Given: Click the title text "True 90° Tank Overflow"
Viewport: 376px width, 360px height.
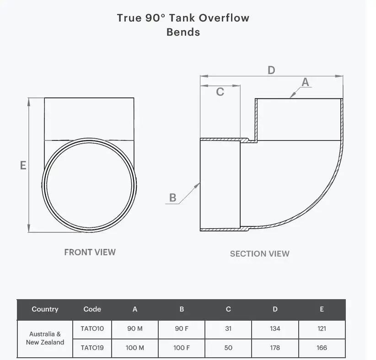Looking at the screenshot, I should click(x=183, y=18).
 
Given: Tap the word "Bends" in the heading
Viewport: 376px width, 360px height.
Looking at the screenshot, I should click(x=183, y=32).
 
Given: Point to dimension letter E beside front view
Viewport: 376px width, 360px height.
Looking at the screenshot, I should click(x=23, y=166).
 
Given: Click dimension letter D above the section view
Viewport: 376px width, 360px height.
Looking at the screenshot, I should click(x=271, y=70).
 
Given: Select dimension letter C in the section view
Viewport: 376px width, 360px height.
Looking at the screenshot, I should click(x=220, y=92).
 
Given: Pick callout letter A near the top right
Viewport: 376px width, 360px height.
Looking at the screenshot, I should click(x=306, y=82).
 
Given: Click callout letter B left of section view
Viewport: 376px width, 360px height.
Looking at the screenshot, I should click(x=172, y=198).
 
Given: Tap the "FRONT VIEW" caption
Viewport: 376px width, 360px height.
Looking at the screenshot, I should click(x=90, y=252).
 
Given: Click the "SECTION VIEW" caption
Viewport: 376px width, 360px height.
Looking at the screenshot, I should click(x=259, y=253).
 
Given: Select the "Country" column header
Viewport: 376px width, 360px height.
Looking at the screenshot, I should click(x=45, y=309).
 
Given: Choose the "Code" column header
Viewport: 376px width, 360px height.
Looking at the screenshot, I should click(x=92, y=309).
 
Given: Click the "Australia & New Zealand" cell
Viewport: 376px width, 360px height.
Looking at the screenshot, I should click(x=45, y=338).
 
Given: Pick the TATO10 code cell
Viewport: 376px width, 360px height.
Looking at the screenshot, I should click(x=92, y=328).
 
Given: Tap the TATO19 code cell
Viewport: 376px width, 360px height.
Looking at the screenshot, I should click(x=92, y=348).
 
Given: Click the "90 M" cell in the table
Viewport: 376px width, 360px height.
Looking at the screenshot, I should click(x=135, y=328).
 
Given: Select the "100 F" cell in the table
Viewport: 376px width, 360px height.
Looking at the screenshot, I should click(x=182, y=348).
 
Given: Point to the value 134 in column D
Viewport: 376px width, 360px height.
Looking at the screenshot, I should click(x=275, y=328).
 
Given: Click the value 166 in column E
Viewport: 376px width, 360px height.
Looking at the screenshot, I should click(x=322, y=348).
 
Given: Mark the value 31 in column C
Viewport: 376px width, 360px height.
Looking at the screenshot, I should click(x=228, y=328).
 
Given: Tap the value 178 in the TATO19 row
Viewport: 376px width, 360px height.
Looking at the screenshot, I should click(x=275, y=348).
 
